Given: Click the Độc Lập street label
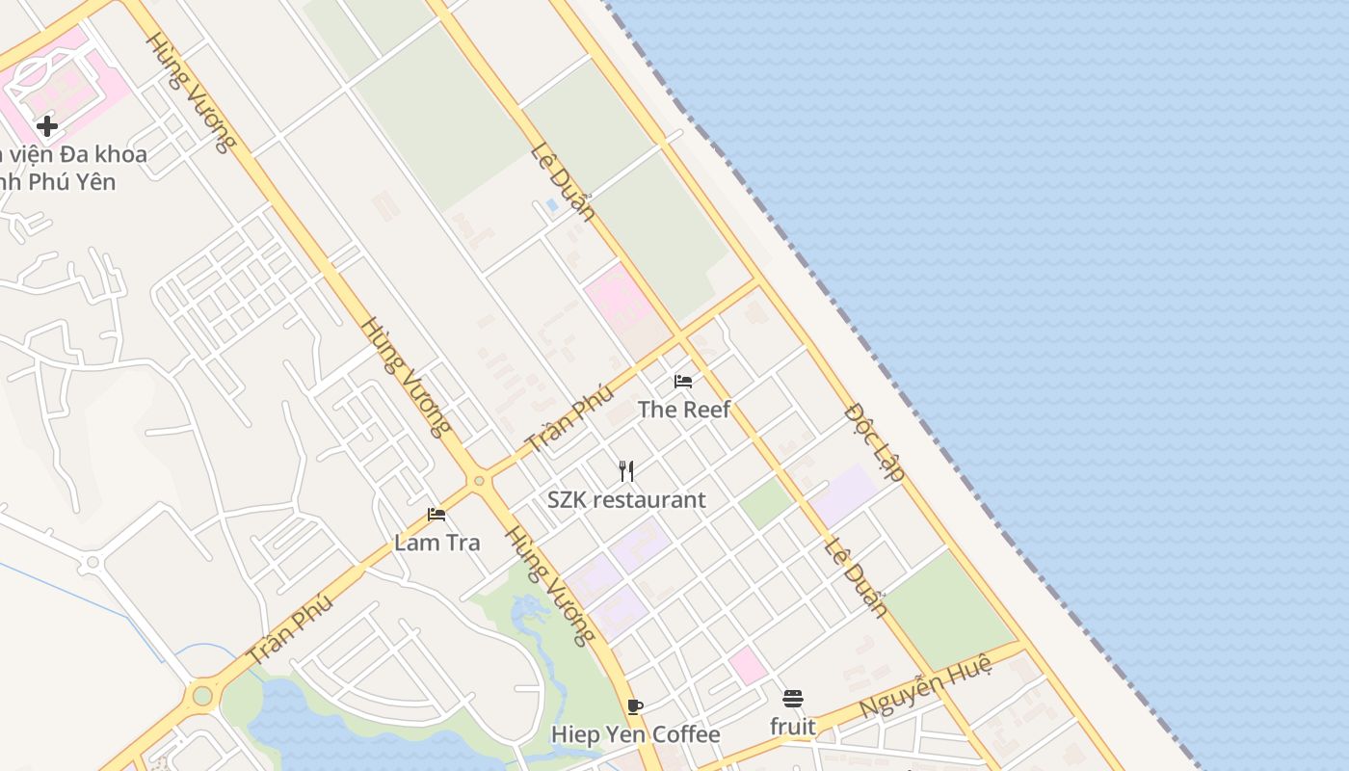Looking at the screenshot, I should tap(875, 442).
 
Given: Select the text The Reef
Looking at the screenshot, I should tap(684, 410).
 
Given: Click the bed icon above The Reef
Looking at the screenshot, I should tap(683, 382).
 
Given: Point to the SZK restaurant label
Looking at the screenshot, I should tap(626, 500).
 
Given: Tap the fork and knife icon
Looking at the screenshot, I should tap(626, 470).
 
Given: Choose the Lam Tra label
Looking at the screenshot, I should tap(436, 543).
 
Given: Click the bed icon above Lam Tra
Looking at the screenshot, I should tap(436, 515).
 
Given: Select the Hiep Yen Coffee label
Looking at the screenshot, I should tap(635, 734).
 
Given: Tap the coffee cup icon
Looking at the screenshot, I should tap(635, 706).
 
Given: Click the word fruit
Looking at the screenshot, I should tap(792, 727).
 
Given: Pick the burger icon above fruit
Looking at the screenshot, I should tap(792, 699).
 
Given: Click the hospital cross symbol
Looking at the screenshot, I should tap(46, 126).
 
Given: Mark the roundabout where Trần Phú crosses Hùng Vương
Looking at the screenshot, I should tap(478, 480).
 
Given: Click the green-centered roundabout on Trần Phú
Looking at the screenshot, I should tap(202, 695).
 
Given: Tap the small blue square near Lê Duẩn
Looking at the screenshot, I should tap(551, 205).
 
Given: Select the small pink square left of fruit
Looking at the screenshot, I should tap(748, 665).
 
